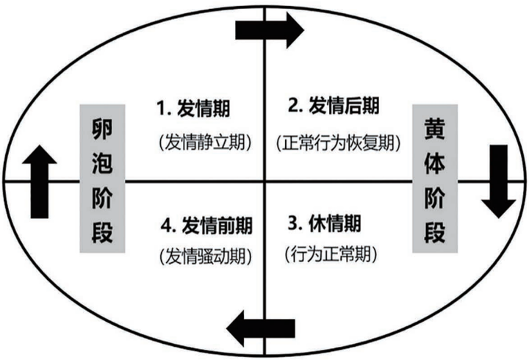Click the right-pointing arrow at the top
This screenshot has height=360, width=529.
(x=269, y=30)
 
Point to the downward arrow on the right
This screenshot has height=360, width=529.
(x=499, y=180)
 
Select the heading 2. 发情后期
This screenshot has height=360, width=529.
(x=334, y=107)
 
